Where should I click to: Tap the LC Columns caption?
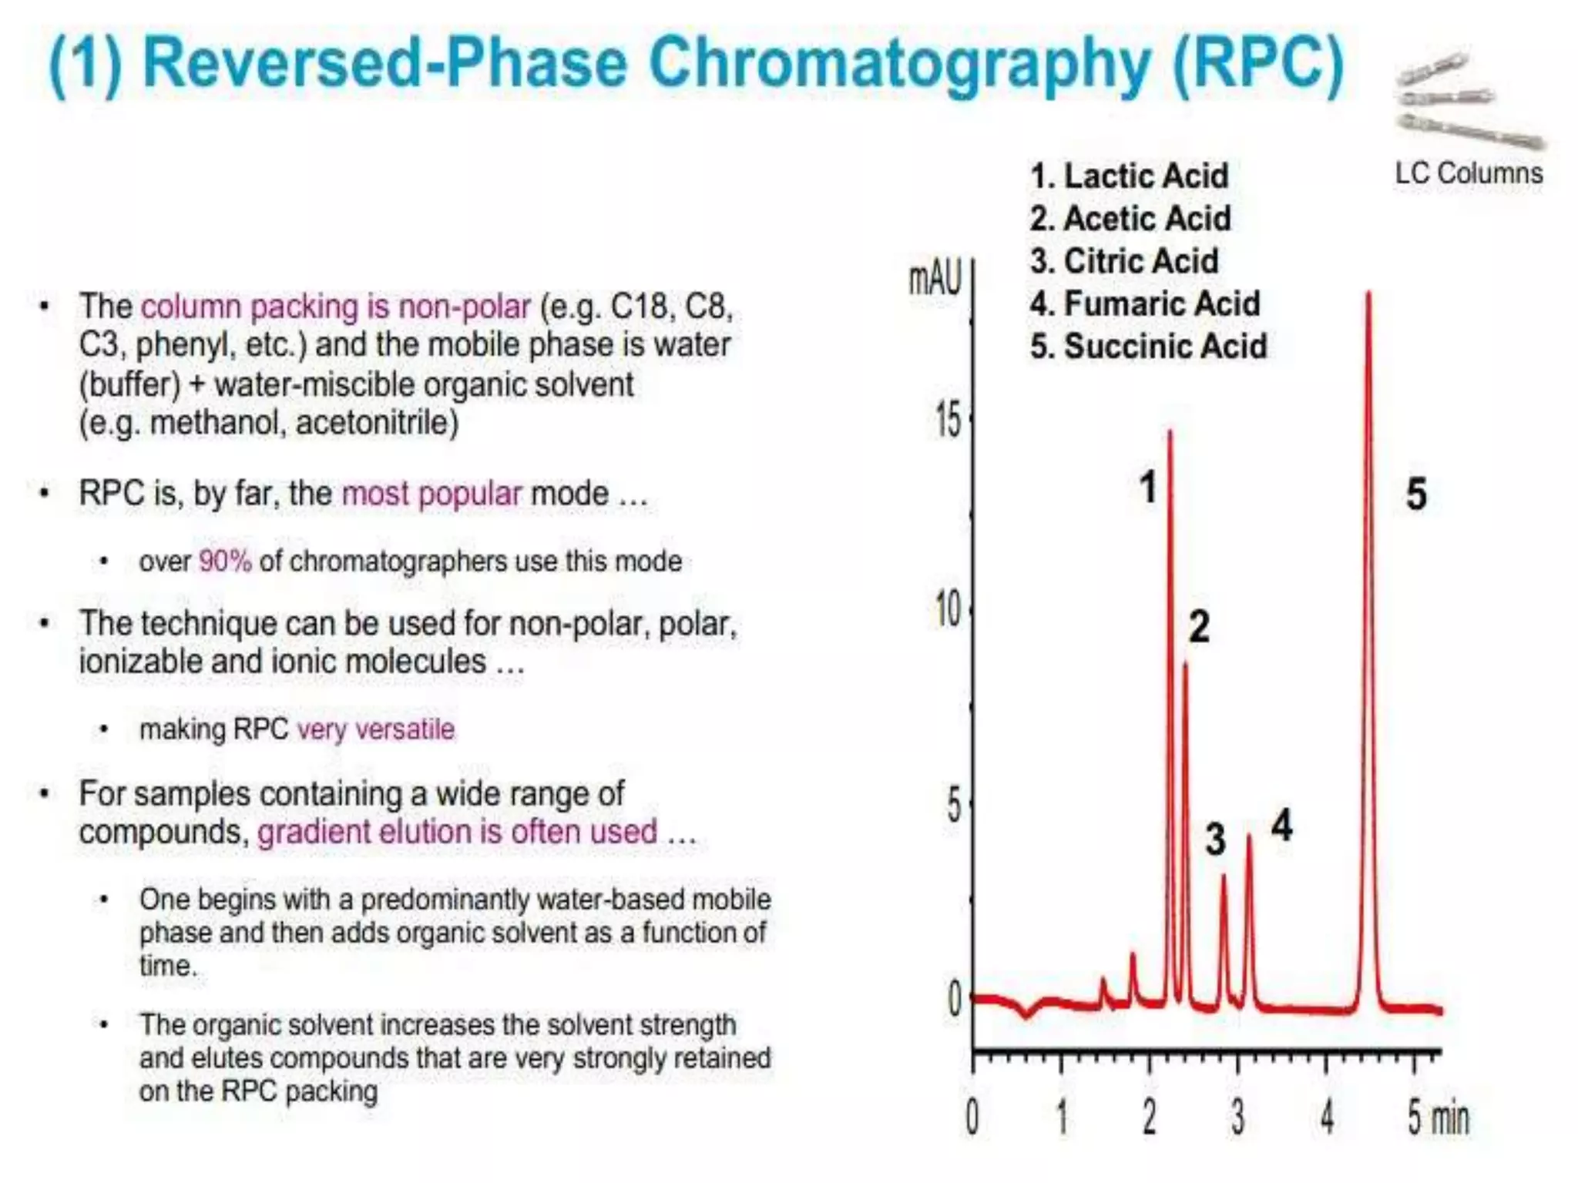pyautogui.click(x=1469, y=173)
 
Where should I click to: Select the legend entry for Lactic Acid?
pyautogui.click(x=1129, y=176)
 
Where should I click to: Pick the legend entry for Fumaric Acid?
pyautogui.click(x=1145, y=303)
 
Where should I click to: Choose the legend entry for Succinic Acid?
pyautogui.click(x=1148, y=347)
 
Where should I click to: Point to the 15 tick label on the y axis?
pyautogui.click(x=948, y=421)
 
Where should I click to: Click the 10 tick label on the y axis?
pyautogui.click(x=948, y=612)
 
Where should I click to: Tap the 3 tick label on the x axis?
pyautogui.click(x=1237, y=1117)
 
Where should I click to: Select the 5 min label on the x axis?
pyautogui.click(x=1438, y=1117)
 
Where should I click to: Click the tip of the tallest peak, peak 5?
pyautogui.click(x=1368, y=293)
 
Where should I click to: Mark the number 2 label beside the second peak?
pyautogui.click(x=1199, y=626)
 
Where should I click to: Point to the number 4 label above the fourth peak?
pyautogui.click(x=1281, y=825)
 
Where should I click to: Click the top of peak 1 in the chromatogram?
pyautogui.click(x=1170, y=433)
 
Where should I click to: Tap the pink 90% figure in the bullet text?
pyautogui.click(x=225, y=561)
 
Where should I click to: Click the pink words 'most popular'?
pyautogui.click(x=431, y=494)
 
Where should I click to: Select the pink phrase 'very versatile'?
pyautogui.click(x=376, y=729)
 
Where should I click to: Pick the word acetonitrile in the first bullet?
pyautogui.click(x=377, y=423)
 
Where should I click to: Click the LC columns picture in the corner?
pyautogui.click(x=1469, y=100)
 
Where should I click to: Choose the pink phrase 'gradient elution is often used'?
pyautogui.click(x=458, y=833)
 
